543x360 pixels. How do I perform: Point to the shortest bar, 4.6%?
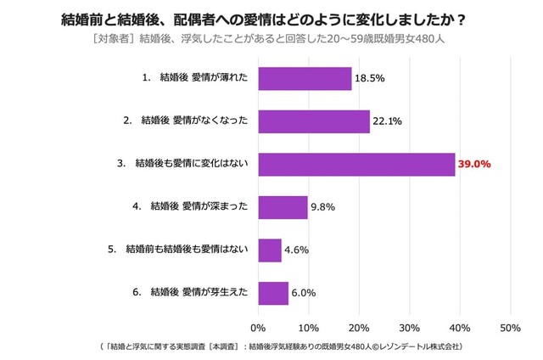[270, 250]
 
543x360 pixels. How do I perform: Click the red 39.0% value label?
[475, 164]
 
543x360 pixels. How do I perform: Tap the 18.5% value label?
[369, 78]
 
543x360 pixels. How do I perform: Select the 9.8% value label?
[322, 206]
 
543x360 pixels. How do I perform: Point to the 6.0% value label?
[303, 293]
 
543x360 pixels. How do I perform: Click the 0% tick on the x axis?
[259, 328]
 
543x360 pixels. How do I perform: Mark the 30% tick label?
[410, 328]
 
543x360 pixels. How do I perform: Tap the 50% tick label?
[511, 328]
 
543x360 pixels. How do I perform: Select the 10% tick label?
[309, 328]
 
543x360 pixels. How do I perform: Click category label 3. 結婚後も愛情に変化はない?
[182, 163]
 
